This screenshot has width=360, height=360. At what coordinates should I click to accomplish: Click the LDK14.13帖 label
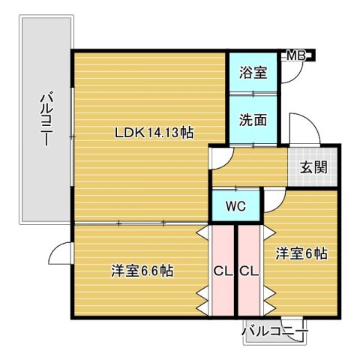point(154,133)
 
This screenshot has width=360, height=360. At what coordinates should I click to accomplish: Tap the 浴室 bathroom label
point(252,73)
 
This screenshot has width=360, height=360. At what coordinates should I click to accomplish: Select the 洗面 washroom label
point(252,118)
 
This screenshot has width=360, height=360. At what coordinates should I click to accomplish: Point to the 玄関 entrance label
point(313,166)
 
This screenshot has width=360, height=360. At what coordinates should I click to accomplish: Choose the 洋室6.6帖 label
point(142,270)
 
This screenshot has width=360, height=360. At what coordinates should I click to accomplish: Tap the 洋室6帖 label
point(301,253)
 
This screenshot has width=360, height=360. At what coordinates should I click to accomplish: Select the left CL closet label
point(222,270)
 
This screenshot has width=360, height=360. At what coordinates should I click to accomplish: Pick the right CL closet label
point(249,270)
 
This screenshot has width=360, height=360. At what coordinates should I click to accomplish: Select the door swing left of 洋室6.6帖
point(61,255)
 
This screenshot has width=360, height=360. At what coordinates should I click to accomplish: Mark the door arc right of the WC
point(272,198)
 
